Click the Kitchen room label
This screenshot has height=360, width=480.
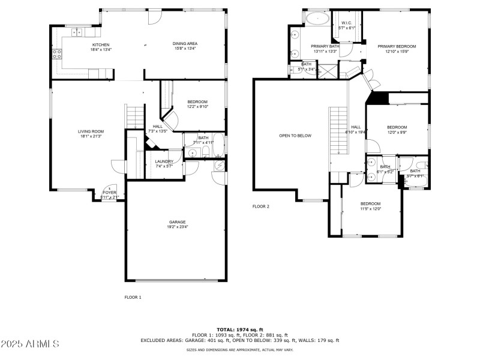click(x=101, y=47)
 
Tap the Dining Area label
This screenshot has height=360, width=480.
click(x=185, y=45)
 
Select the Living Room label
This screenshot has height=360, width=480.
click(x=91, y=134)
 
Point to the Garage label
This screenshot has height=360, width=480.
click(x=176, y=224)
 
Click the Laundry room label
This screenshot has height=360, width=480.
click(x=164, y=163)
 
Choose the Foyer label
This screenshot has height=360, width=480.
click(x=110, y=194)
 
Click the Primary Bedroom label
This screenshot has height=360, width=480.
click(x=397, y=49)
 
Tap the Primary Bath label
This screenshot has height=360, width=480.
click(x=325, y=49)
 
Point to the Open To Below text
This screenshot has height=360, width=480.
click(x=295, y=136)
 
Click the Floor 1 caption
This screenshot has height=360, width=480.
click(x=133, y=297)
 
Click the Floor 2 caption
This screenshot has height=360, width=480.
click(x=260, y=206)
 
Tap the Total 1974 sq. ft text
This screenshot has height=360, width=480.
click(x=239, y=330)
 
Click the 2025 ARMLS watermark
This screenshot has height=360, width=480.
click(x=30, y=344)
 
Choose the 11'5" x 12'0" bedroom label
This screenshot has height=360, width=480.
click(x=370, y=206)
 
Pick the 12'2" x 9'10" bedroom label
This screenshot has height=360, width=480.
click(x=197, y=104)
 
